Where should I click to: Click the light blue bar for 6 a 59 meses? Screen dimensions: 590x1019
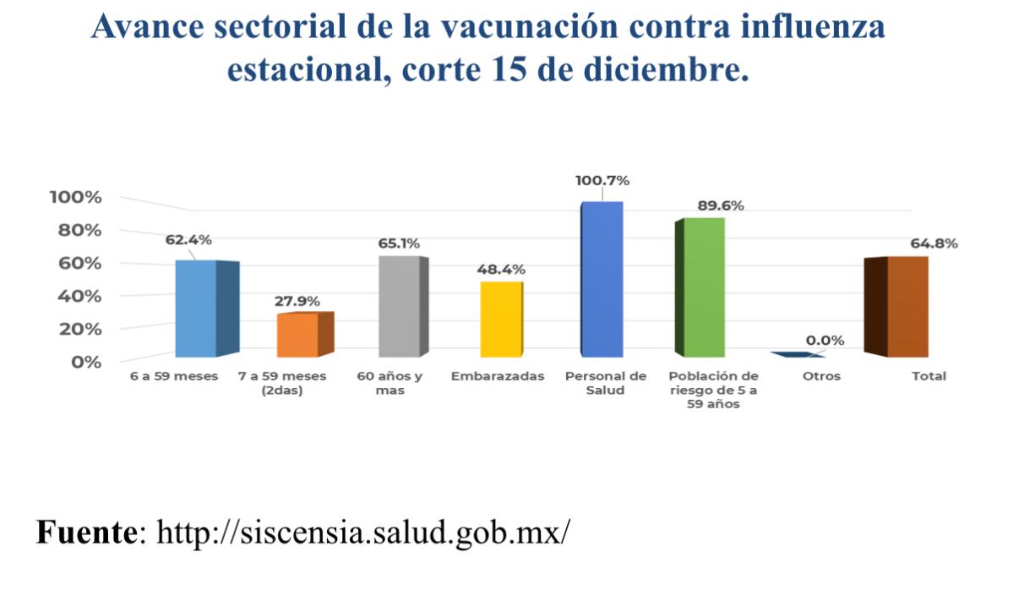coord(196,309)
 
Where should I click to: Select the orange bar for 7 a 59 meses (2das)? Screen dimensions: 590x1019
coord(297,335)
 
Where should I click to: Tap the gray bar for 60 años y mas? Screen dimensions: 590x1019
coord(399,306)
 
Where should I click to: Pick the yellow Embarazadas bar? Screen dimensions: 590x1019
coord(501,320)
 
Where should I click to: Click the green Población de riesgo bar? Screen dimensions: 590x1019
coord(704,287)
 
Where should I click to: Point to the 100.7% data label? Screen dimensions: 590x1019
coord(602,181)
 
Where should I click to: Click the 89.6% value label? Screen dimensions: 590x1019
coord(720,205)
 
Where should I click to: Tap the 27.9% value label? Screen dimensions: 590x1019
coord(297,302)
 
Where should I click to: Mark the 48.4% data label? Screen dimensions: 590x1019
coord(502,270)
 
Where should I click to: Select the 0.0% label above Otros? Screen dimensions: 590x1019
coord(825,341)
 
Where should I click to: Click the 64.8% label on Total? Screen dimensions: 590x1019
coord(934,243)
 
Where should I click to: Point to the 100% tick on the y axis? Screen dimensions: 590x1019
coord(76,198)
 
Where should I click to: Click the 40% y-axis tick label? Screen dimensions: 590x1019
coord(80,297)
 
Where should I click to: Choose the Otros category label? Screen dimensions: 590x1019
coord(821,376)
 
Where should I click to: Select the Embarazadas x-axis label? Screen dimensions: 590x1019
coord(498,376)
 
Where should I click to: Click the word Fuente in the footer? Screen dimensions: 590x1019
coord(84,533)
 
